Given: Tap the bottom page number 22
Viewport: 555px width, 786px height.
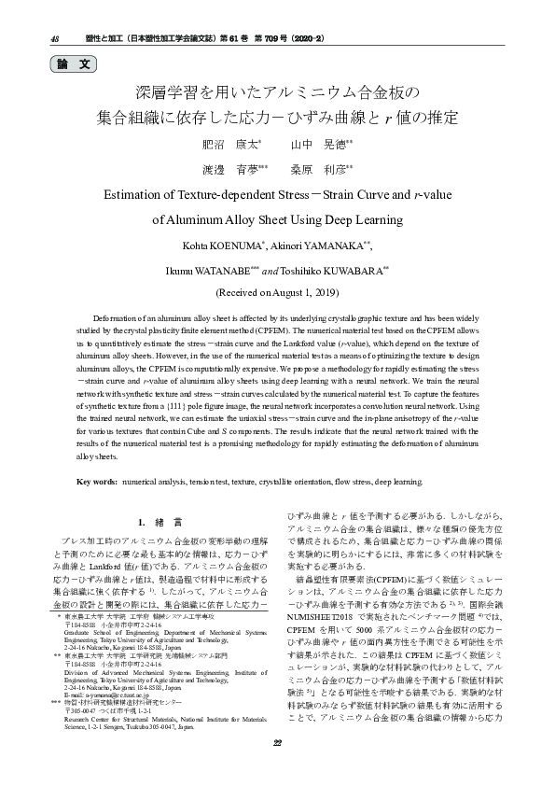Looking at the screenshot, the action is pos(277,768).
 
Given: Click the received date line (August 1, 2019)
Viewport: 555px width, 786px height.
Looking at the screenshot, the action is pos(277,292).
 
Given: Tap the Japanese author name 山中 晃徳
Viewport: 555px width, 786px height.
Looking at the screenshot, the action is pos(320,146).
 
